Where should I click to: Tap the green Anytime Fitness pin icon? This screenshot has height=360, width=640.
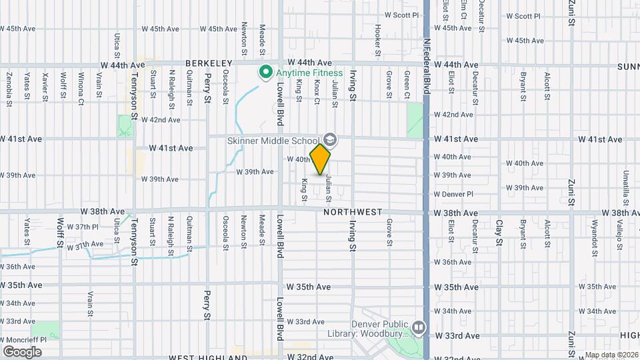click(265, 72)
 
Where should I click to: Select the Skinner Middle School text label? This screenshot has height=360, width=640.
click(273, 141)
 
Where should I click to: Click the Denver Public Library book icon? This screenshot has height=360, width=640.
click(418, 327)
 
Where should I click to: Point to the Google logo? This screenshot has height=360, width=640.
click(22, 351)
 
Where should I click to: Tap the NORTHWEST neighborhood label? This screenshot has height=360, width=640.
click(353, 212)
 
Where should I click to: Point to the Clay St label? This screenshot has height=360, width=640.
click(499, 234)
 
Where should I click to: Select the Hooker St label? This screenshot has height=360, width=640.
click(377, 39)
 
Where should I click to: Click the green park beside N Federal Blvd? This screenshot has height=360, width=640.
click(415, 120)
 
